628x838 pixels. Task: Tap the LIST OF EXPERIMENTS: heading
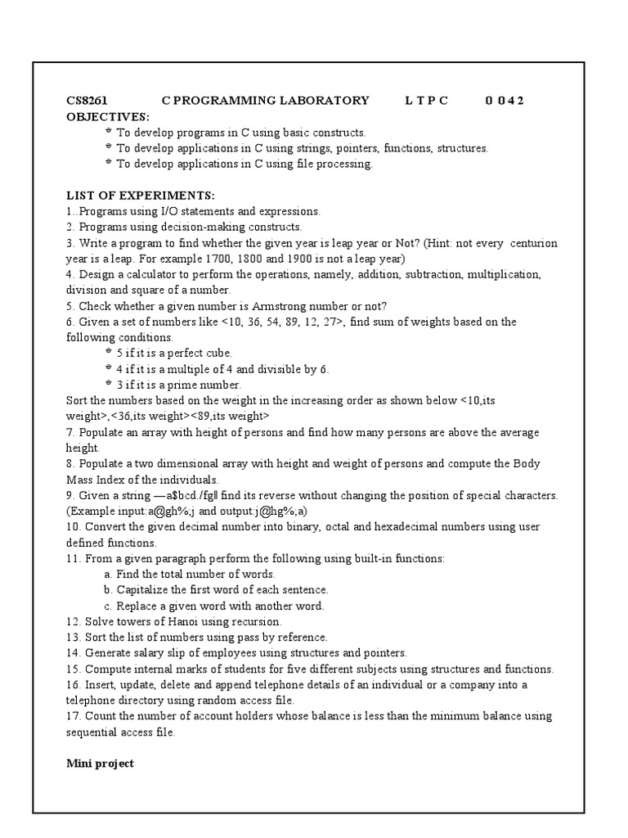click(x=140, y=196)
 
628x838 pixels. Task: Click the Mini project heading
click(x=100, y=764)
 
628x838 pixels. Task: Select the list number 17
click(x=73, y=716)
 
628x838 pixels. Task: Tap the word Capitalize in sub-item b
click(x=146, y=589)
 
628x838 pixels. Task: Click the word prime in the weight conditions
click(x=191, y=385)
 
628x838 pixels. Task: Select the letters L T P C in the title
click(x=426, y=101)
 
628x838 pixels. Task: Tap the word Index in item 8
click(x=110, y=480)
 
